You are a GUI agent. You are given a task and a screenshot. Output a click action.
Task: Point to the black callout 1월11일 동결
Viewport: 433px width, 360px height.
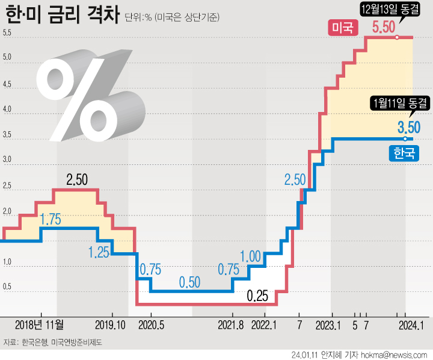400,103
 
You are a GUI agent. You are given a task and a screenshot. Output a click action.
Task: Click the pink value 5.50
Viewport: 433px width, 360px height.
383,27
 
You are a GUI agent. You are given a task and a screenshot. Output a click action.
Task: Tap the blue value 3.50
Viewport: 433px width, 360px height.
409,128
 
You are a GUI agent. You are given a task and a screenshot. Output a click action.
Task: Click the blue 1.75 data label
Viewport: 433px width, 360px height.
51,220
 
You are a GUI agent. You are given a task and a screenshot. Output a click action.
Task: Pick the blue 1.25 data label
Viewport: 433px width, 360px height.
98,252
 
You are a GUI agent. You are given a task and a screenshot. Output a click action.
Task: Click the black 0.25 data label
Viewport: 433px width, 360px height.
258,296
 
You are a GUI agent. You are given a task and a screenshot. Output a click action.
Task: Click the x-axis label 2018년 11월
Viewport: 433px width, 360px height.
38,326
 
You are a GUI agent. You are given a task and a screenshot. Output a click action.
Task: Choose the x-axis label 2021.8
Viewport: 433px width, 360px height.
230,326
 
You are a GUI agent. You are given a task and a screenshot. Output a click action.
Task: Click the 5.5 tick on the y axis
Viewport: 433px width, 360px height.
7,33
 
